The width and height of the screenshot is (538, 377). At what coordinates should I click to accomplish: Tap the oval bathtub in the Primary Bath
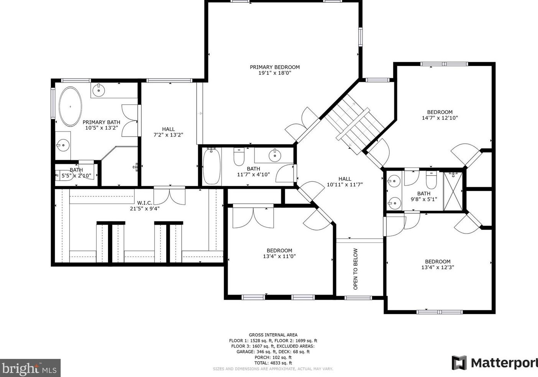(71, 107)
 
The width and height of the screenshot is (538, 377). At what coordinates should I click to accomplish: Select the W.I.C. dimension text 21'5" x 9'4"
(144, 209)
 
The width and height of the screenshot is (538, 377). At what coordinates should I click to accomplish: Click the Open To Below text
(356, 269)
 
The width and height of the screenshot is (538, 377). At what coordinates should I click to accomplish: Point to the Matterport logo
(495, 362)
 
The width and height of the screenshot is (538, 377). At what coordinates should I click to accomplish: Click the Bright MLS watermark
(30, 368)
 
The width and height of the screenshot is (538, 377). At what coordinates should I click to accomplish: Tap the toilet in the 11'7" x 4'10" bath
(239, 156)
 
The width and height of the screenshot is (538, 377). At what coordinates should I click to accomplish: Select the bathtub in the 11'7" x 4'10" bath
(212, 166)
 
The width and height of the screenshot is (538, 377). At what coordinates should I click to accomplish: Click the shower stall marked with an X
(453, 191)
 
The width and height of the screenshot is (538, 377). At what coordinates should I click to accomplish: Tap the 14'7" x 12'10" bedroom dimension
(440, 118)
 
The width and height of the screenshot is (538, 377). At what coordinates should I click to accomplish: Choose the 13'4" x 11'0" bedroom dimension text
(279, 256)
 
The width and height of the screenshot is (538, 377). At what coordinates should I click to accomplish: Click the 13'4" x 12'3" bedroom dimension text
(438, 267)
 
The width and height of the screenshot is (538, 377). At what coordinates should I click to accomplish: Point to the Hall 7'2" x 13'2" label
(168, 132)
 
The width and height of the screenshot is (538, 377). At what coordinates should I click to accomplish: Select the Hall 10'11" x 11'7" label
(344, 182)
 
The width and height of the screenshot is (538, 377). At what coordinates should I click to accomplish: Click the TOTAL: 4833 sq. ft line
(273, 363)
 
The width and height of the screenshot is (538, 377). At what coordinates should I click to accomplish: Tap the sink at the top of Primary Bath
(99, 91)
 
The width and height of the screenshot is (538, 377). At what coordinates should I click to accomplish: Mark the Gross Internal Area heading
(273, 335)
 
